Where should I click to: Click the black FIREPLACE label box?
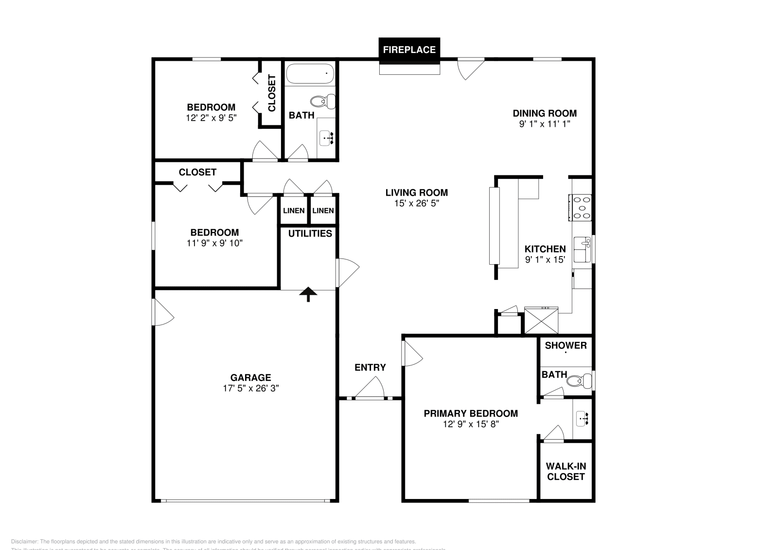point(409,50)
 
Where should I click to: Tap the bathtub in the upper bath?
point(310,74)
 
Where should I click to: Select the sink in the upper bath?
point(326,138)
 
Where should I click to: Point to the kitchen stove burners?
point(582,207)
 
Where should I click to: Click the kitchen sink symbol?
point(582,249)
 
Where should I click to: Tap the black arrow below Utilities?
point(308,293)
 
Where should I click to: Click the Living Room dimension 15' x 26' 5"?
point(416,204)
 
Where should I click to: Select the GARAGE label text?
point(250,378)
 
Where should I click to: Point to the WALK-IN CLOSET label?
point(566,471)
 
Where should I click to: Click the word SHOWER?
point(566,345)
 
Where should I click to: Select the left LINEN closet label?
point(294,210)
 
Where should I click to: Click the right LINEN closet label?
point(323,210)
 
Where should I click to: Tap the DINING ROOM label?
point(545,113)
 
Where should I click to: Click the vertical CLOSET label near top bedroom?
point(272,93)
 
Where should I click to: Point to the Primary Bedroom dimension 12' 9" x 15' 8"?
point(471,424)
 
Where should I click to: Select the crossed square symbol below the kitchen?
point(541,321)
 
